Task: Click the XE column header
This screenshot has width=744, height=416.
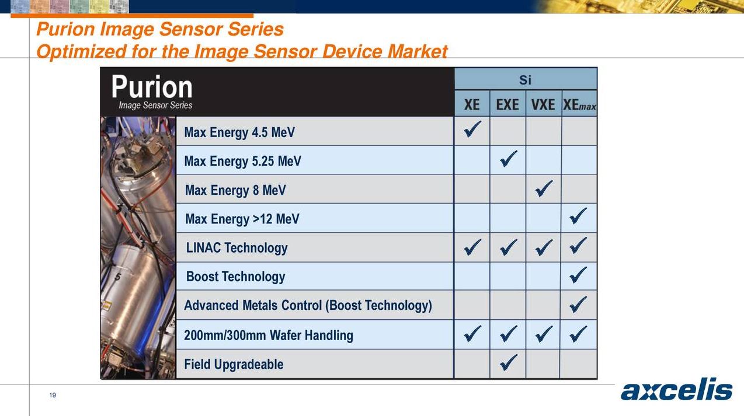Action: click(x=472, y=104)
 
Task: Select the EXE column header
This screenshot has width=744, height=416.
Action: click(x=507, y=104)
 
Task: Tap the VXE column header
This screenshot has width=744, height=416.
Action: click(x=543, y=104)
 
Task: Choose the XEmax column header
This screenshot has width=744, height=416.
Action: click(x=579, y=105)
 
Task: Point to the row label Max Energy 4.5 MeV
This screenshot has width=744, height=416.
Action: click(x=239, y=132)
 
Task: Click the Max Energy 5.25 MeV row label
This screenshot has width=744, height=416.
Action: click(x=242, y=161)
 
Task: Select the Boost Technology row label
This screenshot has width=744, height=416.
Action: click(x=235, y=277)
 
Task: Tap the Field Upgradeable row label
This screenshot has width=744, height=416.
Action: click(x=234, y=365)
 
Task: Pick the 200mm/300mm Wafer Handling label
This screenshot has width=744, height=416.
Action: click(x=269, y=335)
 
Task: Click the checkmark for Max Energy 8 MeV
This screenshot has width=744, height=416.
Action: click(x=544, y=188)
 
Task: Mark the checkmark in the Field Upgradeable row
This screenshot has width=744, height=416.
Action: click(x=508, y=363)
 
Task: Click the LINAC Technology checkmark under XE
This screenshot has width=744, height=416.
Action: click(x=472, y=247)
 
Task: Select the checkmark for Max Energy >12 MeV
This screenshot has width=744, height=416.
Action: click(x=578, y=217)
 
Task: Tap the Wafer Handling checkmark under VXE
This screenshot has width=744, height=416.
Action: click(x=544, y=334)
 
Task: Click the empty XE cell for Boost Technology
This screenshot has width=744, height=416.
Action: click(x=472, y=276)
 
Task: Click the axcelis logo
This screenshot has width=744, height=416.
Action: click(x=676, y=390)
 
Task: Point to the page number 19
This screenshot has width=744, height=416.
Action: click(x=53, y=396)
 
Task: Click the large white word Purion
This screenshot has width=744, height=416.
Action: click(x=152, y=88)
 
